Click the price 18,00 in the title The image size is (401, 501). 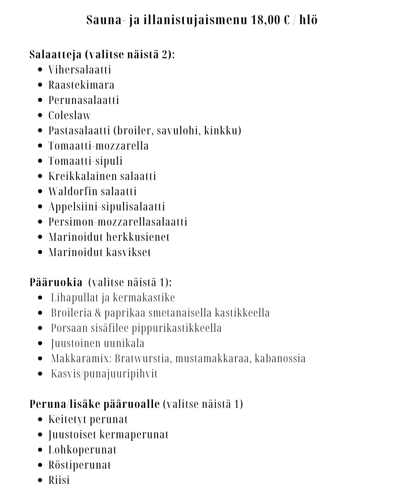tap(265, 20)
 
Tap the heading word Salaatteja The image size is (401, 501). tap(55, 55)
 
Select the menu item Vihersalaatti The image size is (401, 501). tap(80, 70)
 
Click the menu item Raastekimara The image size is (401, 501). tap(81, 85)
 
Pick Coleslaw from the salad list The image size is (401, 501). tap(69, 115)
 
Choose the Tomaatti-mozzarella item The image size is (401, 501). tap(98, 146)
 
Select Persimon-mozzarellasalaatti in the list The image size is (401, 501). tap(118, 222)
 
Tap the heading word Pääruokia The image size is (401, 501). tap(56, 282)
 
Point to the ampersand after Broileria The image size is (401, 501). tap(98, 313)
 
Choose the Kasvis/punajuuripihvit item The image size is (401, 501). tap(104, 374)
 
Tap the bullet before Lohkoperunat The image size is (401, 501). tap(41, 450)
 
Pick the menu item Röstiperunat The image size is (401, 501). tap(80, 465)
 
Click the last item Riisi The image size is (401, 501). tap(59, 480)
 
